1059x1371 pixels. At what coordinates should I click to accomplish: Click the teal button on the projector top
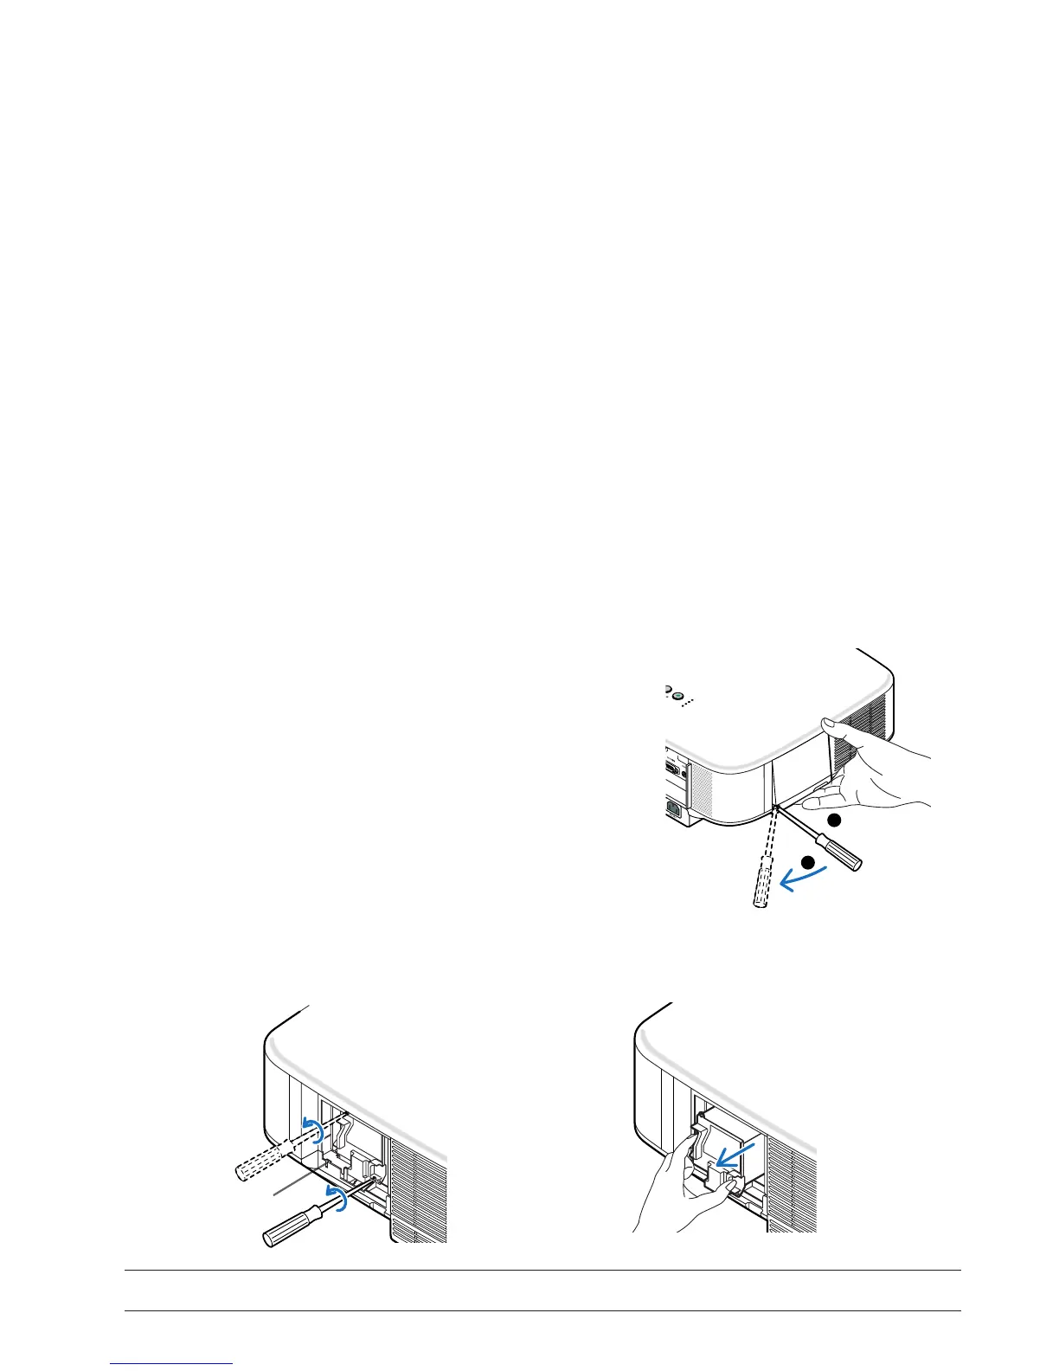click(x=679, y=695)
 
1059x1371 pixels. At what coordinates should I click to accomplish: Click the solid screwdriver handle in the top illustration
click(x=844, y=857)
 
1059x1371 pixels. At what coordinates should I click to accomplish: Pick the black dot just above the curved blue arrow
click(x=807, y=861)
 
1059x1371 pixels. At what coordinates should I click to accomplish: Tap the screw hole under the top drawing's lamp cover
click(x=776, y=808)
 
